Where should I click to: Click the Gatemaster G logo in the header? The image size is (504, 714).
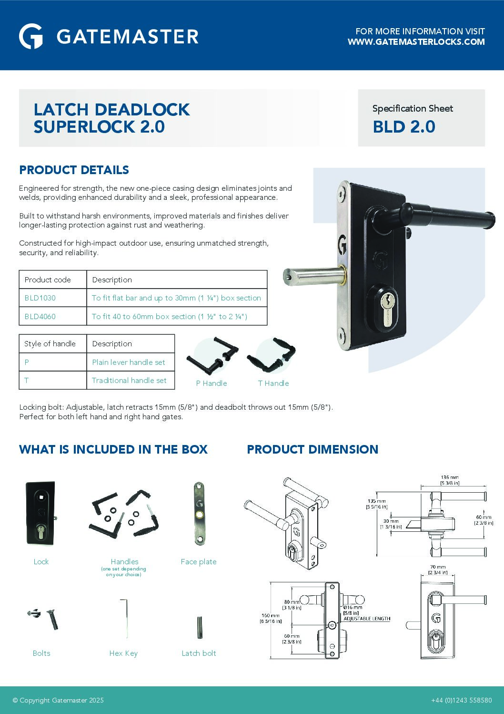31,36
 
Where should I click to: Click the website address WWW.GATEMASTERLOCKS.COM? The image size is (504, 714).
416,42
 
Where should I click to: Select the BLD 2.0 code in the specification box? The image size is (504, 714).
403,127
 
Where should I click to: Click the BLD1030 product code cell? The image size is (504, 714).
40,298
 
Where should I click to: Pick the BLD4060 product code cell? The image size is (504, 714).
40,317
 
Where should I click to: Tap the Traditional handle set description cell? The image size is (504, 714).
129,381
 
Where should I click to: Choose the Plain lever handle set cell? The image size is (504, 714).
129,362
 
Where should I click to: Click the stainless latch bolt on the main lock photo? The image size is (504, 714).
312,277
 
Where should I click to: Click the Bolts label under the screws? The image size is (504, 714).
41,653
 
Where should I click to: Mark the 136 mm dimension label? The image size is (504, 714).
450,477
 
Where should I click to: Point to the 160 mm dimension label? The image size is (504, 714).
271,616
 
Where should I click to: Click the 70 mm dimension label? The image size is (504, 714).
437,568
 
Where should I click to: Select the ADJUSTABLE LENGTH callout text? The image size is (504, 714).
367,619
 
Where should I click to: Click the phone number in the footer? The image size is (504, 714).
461,700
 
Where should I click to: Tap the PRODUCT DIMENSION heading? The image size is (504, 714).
312,450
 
